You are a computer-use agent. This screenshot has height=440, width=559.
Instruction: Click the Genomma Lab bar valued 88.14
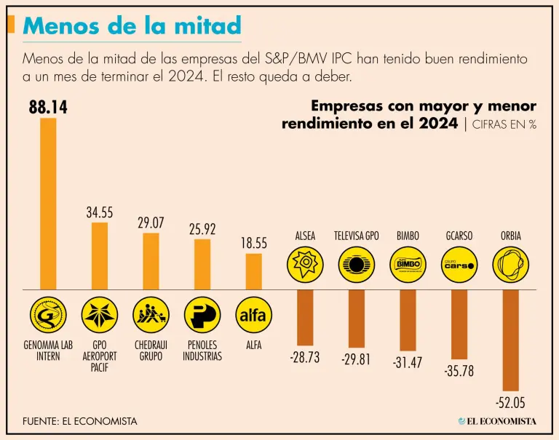click(x=48, y=204)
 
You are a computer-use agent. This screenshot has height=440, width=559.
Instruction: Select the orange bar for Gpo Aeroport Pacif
click(x=99, y=256)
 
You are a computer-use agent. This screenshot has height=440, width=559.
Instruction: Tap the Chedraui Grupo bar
click(x=151, y=261)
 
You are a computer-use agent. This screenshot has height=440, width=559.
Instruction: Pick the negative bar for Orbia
click(x=510, y=340)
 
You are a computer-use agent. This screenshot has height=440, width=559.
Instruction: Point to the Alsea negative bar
click(x=305, y=317)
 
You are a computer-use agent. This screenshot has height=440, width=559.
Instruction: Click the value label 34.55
click(x=100, y=213)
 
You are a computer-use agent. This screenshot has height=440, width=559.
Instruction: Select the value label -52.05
click(x=510, y=403)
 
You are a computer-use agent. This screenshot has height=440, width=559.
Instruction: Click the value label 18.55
click(x=254, y=244)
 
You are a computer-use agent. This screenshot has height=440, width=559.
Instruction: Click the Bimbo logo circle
click(x=408, y=265)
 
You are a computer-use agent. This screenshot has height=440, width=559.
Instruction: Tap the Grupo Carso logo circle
click(x=459, y=265)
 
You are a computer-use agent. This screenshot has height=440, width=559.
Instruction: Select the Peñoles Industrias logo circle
click(x=202, y=315)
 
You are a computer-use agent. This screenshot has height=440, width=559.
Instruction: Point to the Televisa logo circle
click(x=357, y=265)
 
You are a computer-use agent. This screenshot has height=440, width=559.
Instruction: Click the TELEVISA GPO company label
click(x=357, y=236)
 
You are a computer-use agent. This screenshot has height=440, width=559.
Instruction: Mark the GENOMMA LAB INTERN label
click(x=48, y=351)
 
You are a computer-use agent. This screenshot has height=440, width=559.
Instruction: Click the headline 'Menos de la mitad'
click(x=132, y=25)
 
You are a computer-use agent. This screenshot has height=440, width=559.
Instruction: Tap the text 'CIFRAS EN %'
click(x=504, y=124)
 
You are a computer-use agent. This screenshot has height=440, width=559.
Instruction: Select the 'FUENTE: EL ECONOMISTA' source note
click(x=79, y=421)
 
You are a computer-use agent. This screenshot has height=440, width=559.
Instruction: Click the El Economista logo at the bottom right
click(x=497, y=421)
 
